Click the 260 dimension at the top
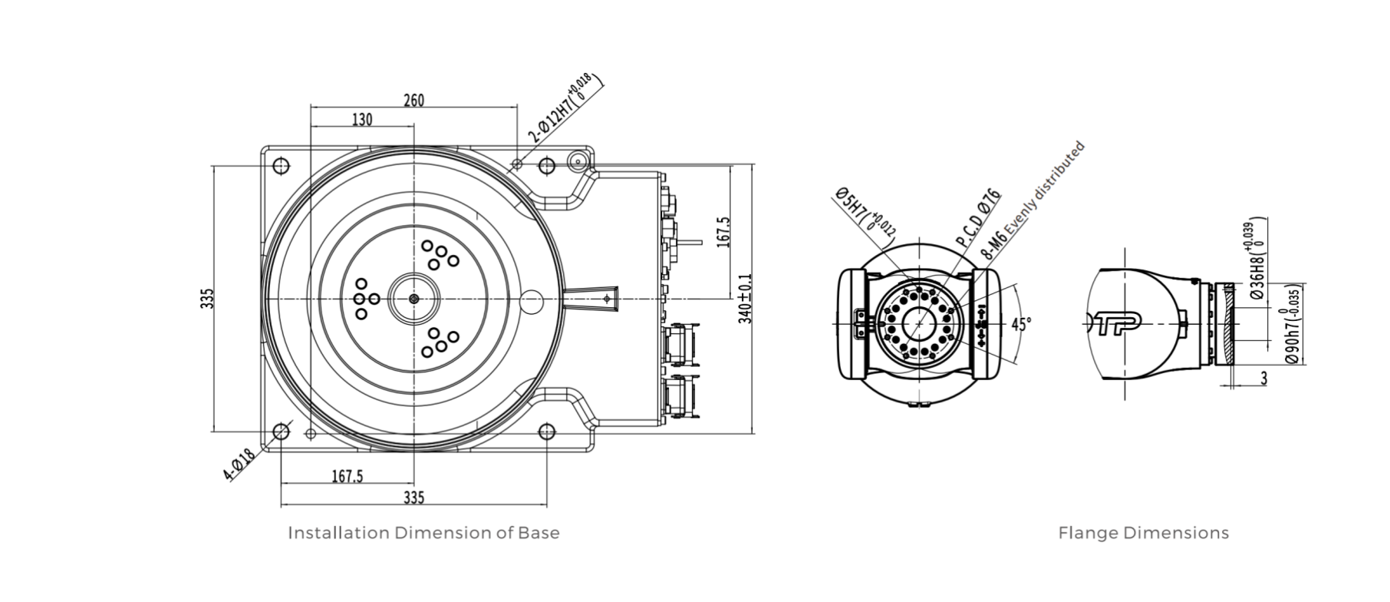[413, 100]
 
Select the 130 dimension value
[362, 120]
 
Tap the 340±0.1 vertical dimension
[745, 299]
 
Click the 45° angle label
[1021, 324]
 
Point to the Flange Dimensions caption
[1143, 533]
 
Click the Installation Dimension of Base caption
[423, 533]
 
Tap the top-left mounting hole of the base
[281, 166]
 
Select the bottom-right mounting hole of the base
[546, 431]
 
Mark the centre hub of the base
[414, 298]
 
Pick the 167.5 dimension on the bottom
[347, 477]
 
